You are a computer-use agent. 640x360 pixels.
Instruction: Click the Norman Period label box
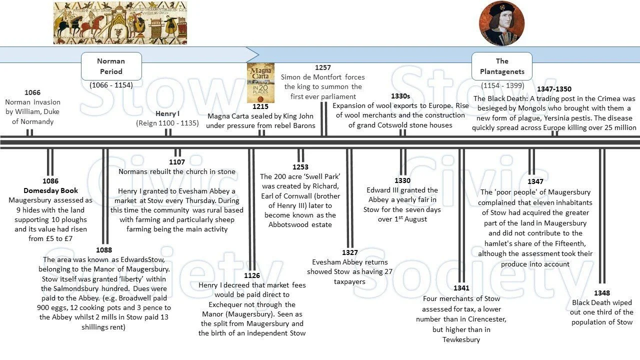click(x=111, y=65)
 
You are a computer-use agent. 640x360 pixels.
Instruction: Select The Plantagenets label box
click(x=501, y=66)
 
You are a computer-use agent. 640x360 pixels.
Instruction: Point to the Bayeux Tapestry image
click(x=120, y=22)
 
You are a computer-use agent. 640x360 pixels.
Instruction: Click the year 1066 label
click(x=32, y=92)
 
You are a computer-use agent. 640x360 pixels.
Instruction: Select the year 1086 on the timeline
click(x=50, y=181)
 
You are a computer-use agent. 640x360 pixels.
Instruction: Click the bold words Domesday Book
click(x=50, y=190)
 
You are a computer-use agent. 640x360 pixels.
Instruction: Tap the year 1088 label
click(x=104, y=250)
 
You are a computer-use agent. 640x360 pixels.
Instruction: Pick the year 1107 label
click(x=176, y=162)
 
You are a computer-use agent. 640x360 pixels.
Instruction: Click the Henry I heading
click(x=167, y=113)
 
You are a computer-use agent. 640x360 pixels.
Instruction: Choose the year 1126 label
click(x=252, y=275)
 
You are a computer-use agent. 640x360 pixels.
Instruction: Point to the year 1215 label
click(x=260, y=106)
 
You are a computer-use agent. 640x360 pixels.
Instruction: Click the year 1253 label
click(x=300, y=167)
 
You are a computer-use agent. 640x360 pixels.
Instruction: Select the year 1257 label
click(x=322, y=67)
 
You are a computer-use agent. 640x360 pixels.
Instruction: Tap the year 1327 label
click(x=350, y=252)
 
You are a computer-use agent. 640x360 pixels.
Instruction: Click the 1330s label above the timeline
click(x=400, y=96)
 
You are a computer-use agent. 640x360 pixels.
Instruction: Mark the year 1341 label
click(x=461, y=288)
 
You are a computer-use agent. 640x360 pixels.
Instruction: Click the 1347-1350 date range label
click(x=554, y=89)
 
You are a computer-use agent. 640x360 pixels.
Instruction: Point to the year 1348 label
click(x=602, y=293)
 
